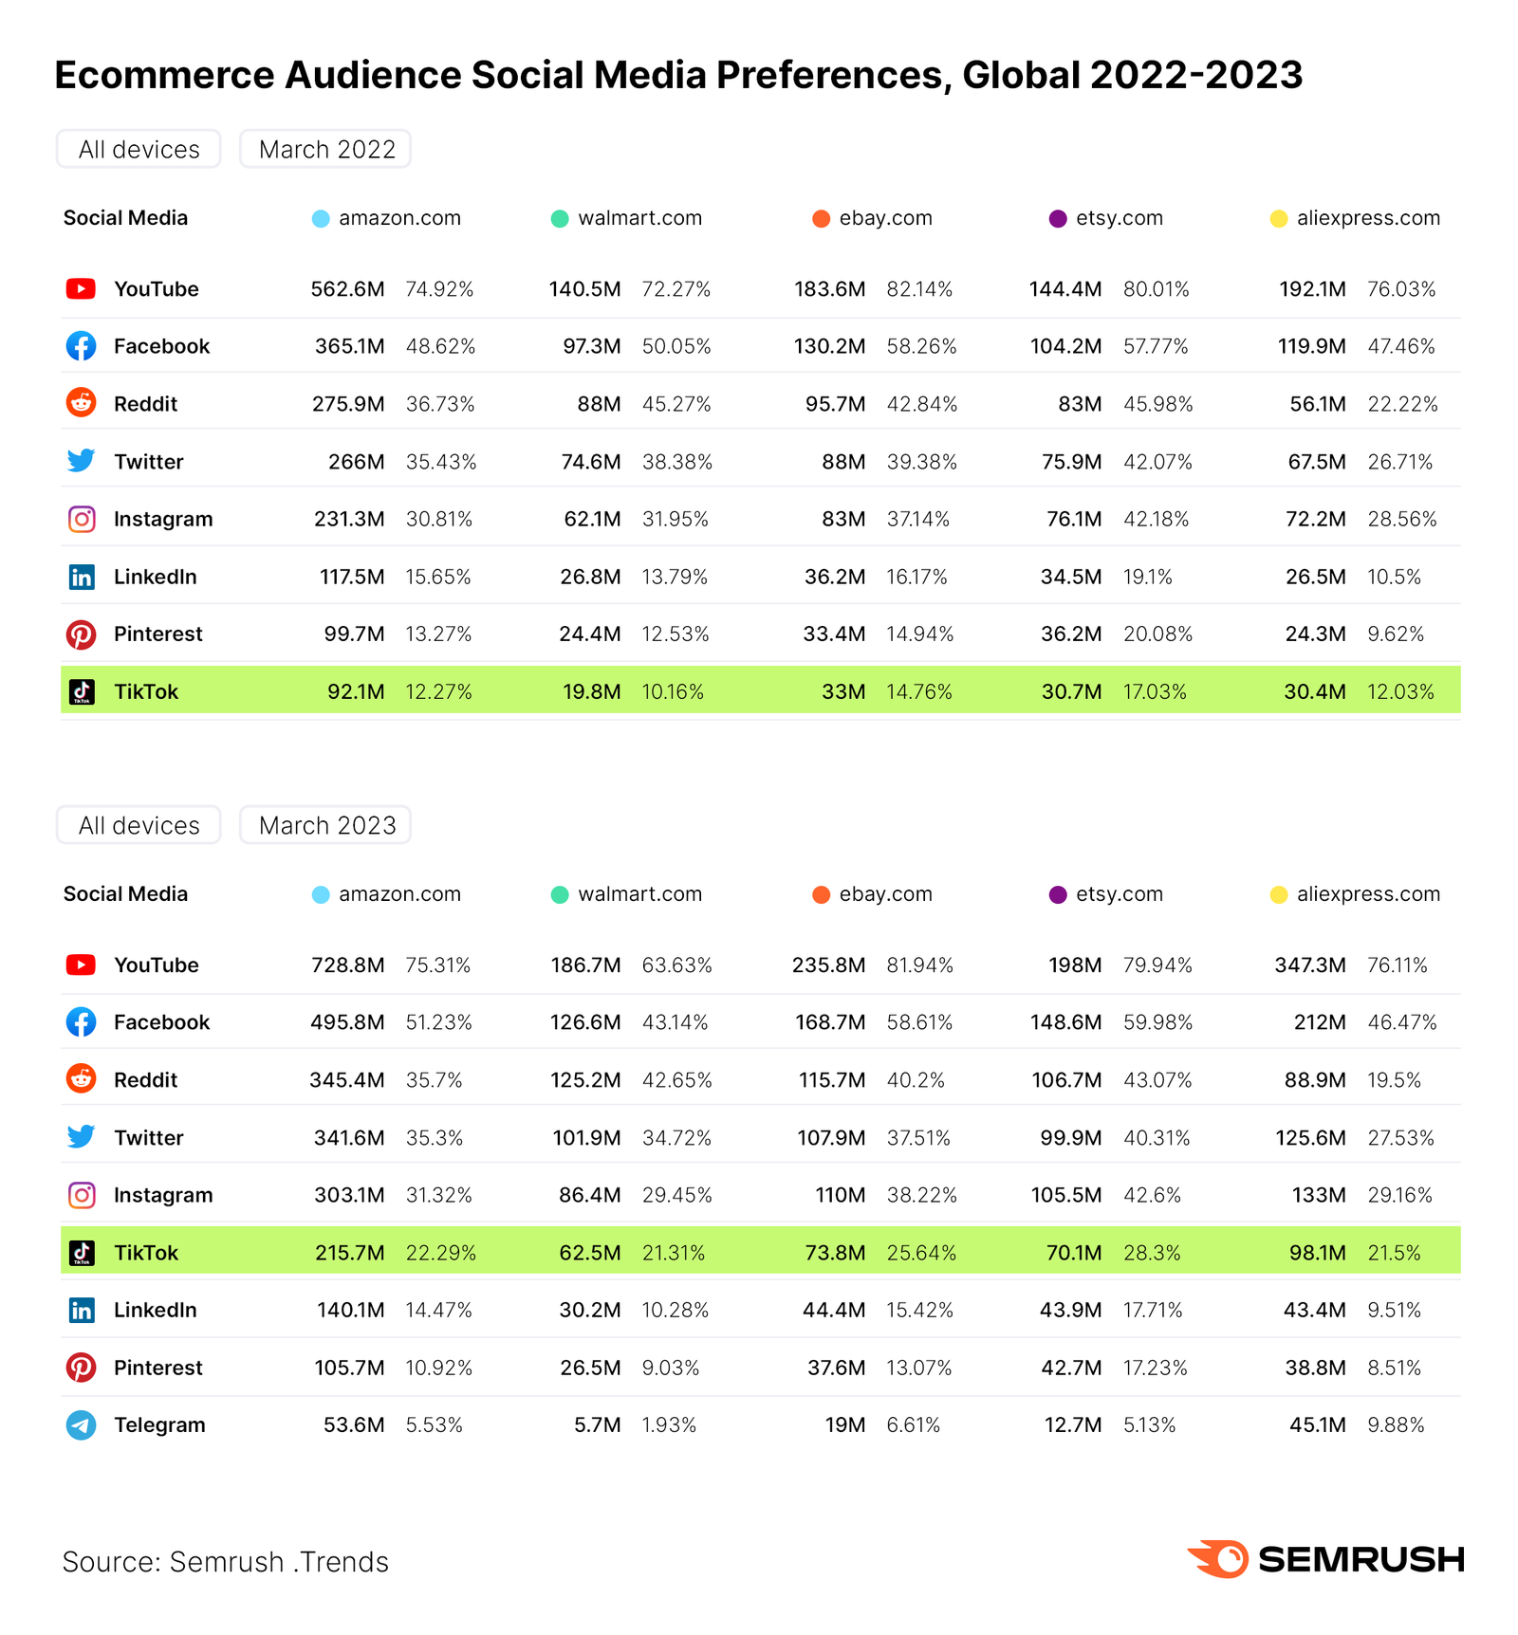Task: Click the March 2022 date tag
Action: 325,149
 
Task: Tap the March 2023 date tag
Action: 325,825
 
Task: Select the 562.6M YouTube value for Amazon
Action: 347,289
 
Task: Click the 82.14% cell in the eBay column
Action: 919,289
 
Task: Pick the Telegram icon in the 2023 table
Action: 82,1424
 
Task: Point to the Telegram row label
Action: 159,1424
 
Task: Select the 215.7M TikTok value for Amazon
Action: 349,1253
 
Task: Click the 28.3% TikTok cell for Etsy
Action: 1152,1253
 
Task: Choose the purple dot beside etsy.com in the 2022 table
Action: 1058,219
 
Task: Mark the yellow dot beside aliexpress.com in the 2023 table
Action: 1279,895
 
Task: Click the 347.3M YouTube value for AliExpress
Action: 1309,965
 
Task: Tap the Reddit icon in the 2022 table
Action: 82,403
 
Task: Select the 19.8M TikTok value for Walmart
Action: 591,692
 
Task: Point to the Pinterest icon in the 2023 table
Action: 82,1368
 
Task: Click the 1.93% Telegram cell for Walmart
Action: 669,1424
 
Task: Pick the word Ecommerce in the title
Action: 163,75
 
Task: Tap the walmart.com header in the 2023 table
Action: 639,894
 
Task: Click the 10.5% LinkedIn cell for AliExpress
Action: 1394,577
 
